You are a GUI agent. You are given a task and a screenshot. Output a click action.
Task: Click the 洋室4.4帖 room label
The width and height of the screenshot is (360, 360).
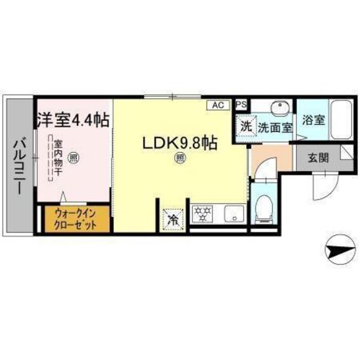coord(72,120)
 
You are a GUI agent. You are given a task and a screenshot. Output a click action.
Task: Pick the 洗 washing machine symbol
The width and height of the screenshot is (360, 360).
coord(246,125)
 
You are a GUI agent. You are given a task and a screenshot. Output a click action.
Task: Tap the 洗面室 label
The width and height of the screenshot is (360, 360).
coord(275,127)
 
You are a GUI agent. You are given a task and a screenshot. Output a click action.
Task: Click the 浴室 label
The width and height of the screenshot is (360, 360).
coord(314,120)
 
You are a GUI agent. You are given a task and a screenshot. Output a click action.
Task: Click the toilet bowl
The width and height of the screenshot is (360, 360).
coord(264,210)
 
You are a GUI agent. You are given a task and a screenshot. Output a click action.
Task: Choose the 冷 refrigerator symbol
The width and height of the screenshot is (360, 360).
coord(172,218)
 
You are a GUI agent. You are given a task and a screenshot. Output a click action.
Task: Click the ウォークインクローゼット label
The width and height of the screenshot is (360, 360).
coord(76,218)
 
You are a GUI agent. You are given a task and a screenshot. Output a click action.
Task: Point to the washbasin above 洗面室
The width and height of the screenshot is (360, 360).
coord(278,108)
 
